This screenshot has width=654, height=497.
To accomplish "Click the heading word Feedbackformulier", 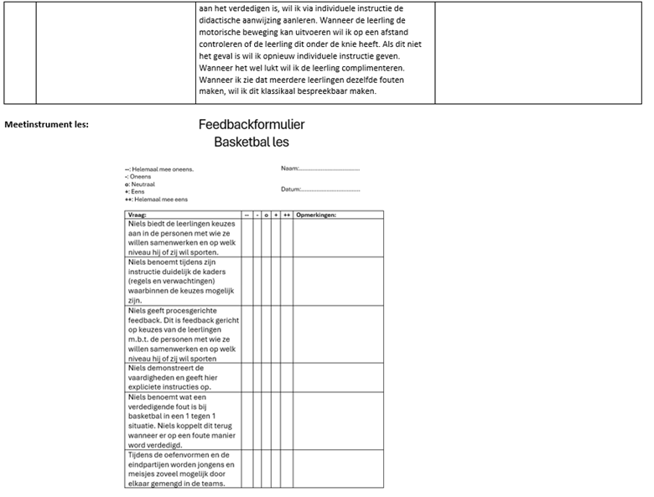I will [252, 125].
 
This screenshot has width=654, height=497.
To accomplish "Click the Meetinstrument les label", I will [47, 125].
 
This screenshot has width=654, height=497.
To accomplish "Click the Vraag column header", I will [136, 215].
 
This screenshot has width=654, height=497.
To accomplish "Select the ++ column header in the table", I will [286, 215].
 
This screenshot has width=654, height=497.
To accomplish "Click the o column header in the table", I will [266, 215].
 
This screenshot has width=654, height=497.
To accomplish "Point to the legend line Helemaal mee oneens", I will [161, 169].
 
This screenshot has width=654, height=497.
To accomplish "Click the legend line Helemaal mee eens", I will [159, 199].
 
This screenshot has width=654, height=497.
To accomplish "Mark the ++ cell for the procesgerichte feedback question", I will [286, 334].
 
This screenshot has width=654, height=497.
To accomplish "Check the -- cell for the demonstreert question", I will [247, 377].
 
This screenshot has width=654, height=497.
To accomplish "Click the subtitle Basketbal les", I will [252, 142].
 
